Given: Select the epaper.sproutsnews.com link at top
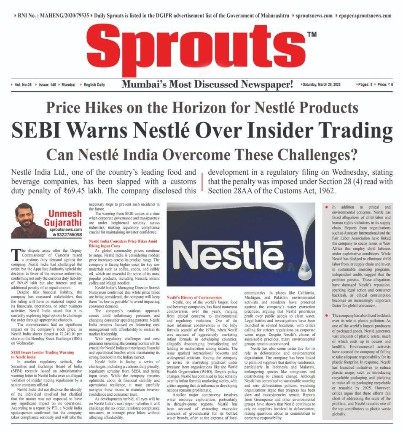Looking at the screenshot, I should click(365, 15).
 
